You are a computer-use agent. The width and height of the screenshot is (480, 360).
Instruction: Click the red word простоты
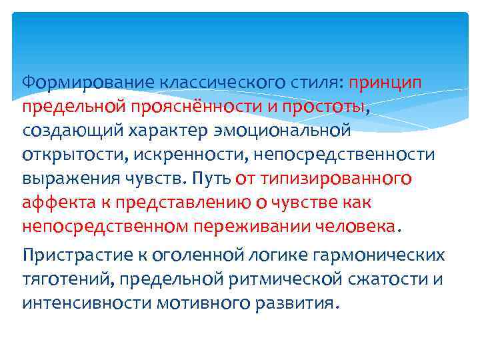(x=323, y=106)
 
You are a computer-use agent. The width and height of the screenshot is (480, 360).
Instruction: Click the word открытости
(x=69, y=154)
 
